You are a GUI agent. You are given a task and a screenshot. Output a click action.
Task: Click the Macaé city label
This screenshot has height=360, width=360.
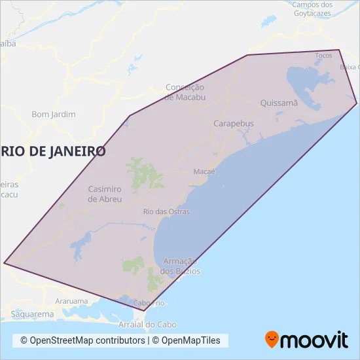(x=205, y=171)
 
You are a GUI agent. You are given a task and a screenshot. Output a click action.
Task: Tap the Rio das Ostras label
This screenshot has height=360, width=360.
(x=166, y=211)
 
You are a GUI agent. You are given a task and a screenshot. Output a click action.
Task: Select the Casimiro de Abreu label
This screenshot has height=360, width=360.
(x=105, y=194)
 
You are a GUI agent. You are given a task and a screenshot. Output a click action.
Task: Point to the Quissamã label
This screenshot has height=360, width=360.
(x=279, y=103)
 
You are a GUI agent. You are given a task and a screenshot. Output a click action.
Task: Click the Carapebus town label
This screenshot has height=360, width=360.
(x=234, y=123)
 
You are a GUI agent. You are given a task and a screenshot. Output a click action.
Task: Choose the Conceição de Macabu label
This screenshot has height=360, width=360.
(x=185, y=92)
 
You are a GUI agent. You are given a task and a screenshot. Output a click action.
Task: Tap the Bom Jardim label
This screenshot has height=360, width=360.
(x=54, y=115)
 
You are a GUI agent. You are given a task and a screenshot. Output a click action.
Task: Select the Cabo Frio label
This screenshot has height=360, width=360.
(x=149, y=303)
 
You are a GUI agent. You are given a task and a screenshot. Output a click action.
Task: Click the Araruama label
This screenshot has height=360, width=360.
(x=71, y=302)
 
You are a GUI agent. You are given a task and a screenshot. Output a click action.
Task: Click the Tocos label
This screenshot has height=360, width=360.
(x=323, y=56)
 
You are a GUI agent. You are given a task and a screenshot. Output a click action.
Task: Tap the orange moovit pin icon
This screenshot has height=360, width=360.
(x=272, y=339)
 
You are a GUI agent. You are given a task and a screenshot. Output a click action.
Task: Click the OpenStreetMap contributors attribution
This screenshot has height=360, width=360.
(x=82, y=340)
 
